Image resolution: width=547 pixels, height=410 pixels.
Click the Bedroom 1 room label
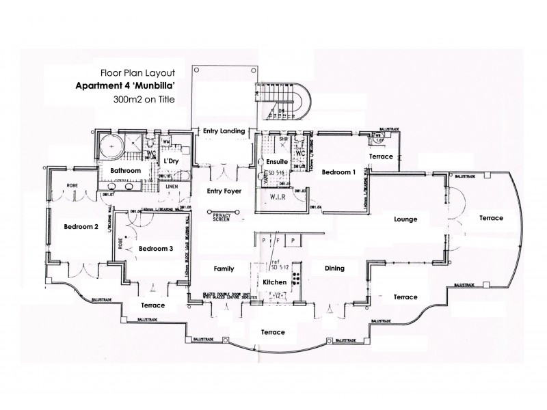click(x=338, y=172)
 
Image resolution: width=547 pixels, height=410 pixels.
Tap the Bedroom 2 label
click(x=82, y=227)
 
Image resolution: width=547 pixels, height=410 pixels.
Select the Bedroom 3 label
click(x=155, y=248)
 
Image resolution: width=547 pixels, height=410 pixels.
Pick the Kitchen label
click(x=275, y=282)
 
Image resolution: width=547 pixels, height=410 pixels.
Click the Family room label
click(x=224, y=269)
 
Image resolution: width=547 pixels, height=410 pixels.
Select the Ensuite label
click(x=267, y=161)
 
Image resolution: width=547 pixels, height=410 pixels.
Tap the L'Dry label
click(x=171, y=161)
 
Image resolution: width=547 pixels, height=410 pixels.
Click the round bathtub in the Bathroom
click(x=108, y=145)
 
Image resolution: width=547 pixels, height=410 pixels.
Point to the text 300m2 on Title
click(x=144, y=100)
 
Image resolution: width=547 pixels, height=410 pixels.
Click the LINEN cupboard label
click(x=172, y=186)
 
